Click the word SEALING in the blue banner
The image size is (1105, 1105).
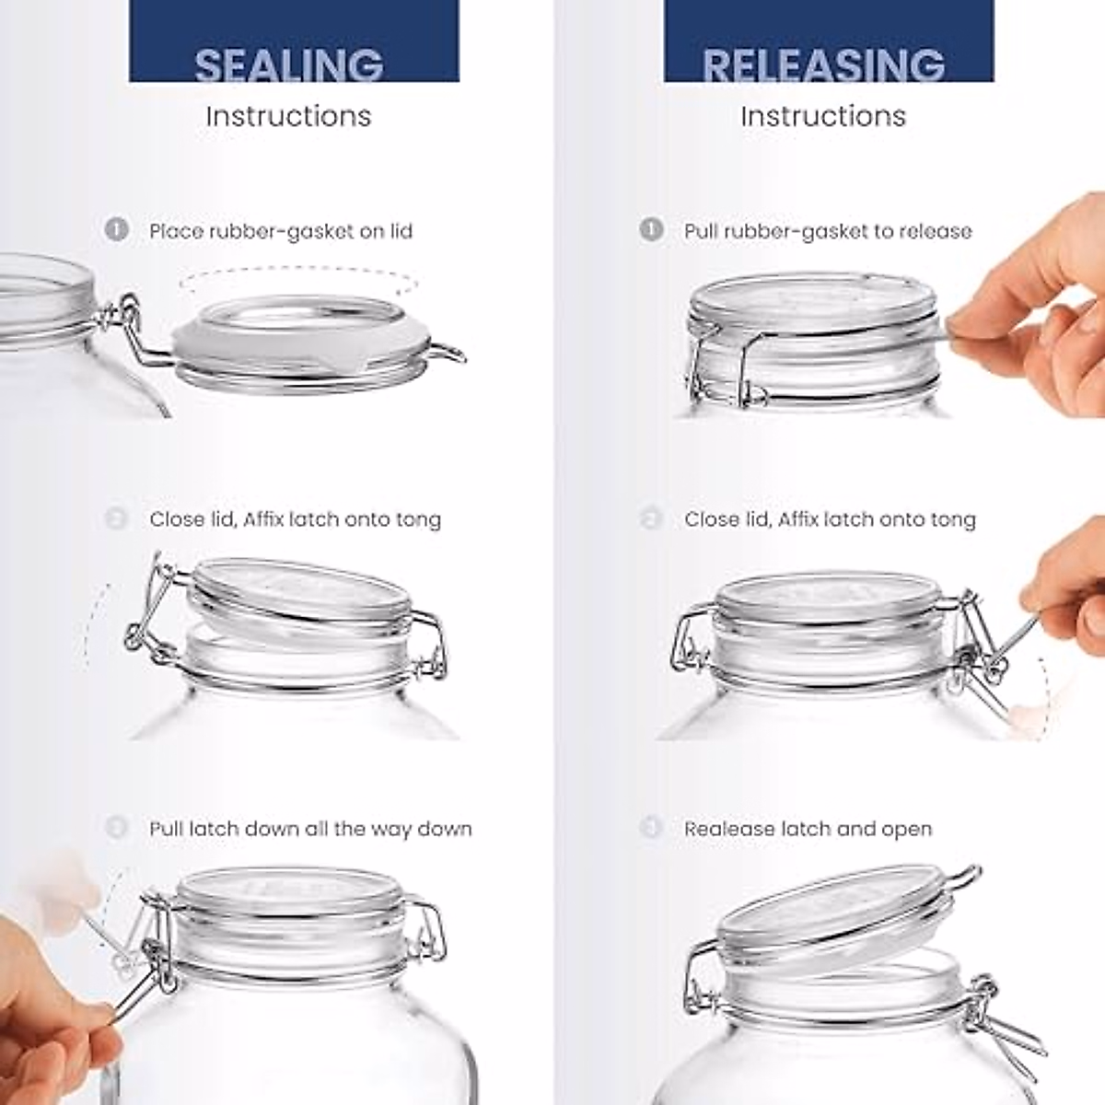point(289,64)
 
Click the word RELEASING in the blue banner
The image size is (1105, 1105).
point(823,64)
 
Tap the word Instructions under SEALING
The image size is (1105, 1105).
point(288,116)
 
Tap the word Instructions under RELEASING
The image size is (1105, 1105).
point(823,116)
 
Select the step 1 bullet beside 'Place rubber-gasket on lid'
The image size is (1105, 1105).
point(116,229)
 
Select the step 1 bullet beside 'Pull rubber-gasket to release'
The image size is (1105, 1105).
point(651,229)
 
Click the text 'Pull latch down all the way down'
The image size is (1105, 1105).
point(310,829)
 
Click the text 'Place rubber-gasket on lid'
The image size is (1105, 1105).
point(281,230)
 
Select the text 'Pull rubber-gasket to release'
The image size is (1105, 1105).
point(827,230)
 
